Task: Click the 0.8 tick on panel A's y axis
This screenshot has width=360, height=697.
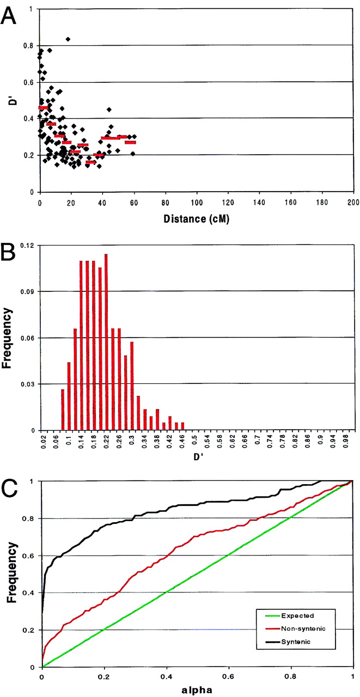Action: [27, 45]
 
